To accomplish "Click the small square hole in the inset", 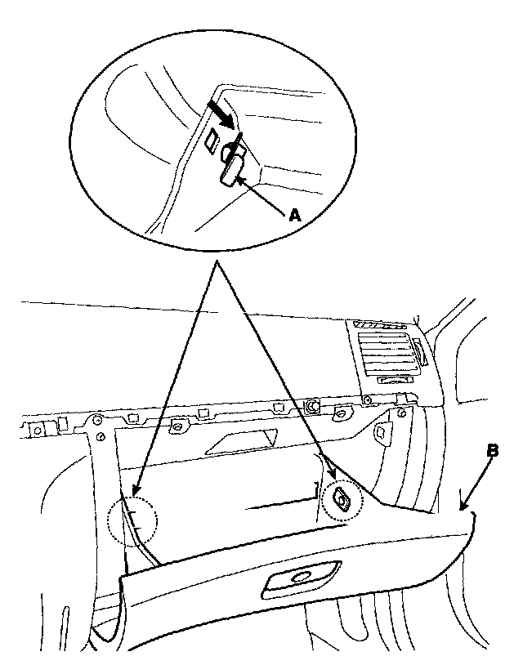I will tap(212, 141).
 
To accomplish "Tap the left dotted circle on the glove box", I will tap(131, 521).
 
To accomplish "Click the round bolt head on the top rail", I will tap(311, 404).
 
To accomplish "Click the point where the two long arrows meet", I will tap(216, 265).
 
